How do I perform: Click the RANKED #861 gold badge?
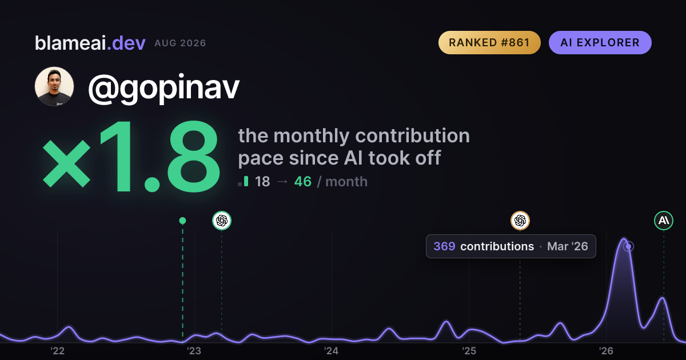point(489,42)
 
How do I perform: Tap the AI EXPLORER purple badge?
point(600,42)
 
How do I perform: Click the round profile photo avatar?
point(54,87)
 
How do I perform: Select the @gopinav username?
point(164,88)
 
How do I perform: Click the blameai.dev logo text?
point(90,43)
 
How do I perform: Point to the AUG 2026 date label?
point(180,43)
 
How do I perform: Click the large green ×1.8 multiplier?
point(131,156)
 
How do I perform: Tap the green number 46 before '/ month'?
point(302,182)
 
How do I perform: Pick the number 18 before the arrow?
point(262,182)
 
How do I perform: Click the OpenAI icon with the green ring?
point(222,221)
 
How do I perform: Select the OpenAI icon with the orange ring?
point(520,221)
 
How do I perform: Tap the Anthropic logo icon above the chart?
point(664,221)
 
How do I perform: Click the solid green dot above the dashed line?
point(182,221)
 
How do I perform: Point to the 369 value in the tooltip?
point(444,246)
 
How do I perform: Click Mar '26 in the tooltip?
point(568,246)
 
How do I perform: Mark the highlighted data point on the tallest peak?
point(629,246)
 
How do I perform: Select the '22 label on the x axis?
point(57,351)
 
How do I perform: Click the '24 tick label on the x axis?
point(332,351)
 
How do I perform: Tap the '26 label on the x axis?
point(606,351)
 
